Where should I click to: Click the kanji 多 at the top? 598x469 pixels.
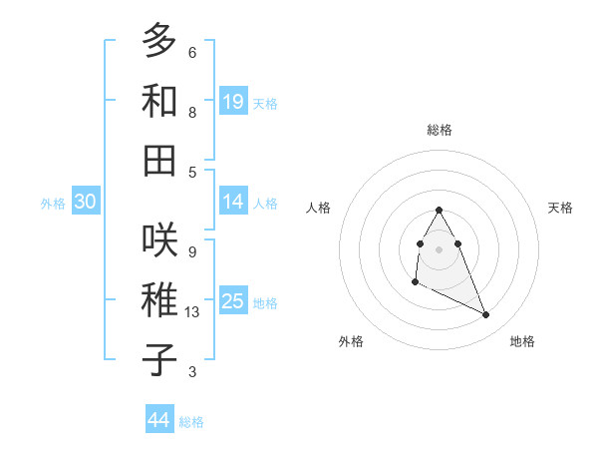tap(160, 42)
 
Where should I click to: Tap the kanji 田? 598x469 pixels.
tap(160, 160)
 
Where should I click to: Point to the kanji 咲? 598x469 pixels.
tap(160, 239)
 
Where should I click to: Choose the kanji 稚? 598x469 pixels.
tap(160, 300)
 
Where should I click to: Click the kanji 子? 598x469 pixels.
tap(160, 360)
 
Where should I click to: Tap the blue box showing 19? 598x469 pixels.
tap(233, 102)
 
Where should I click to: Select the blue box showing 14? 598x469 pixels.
tap(233, 202)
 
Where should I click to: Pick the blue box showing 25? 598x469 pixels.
tap(233, 301)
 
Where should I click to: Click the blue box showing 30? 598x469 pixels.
tap(86, 202)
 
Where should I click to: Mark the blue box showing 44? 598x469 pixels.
tap(159, 420)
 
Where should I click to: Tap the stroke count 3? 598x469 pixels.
tap(192, 372)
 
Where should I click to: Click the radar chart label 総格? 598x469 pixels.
tap(440, 131)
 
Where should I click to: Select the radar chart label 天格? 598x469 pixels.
tap(560, 208)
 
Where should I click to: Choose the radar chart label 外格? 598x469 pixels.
tap(351, 341)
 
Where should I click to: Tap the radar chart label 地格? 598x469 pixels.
tap(522, 341)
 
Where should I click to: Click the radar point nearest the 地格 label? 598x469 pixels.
tap(486, 315)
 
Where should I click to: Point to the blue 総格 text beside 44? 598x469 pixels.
tap(191, 422)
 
